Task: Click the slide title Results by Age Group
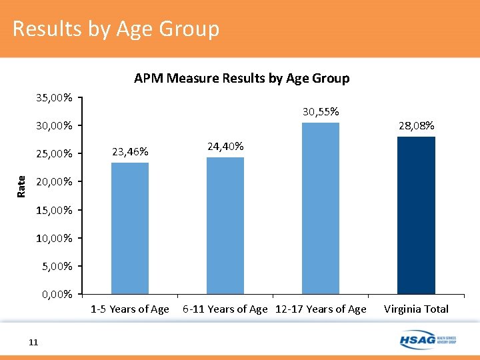(x=115, y=29)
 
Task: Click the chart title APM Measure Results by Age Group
(x=241, y=78)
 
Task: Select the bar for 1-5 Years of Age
(x=130, y=228)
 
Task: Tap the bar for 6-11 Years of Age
(x=225, y=225)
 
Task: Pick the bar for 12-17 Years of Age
(x=321, y=208)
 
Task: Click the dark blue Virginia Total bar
(x=416, y=215)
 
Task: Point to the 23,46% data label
(x=130, y=152)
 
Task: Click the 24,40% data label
(x=225, y=147)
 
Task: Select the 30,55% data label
(x=321, y=112)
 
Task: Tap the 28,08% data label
(x=416, y=125)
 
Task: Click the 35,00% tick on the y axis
(x=55, y=98)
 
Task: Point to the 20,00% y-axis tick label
(x=55, y=182)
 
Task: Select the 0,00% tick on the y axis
(x=57, y=294)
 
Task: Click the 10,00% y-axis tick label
(x=55, y=238)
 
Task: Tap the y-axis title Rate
(x=21, y=185)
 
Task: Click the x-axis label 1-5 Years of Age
(x=130, y=309)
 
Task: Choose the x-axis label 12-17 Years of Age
(x=321, y=309)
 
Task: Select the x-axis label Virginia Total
(x=416, y=309)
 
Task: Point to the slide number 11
(x=33, y=342)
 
